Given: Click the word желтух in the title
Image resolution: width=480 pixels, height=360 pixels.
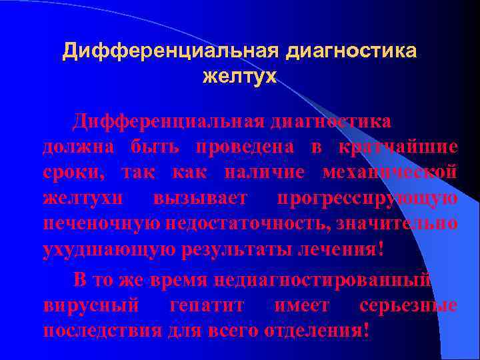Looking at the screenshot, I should click(x=239, y=77).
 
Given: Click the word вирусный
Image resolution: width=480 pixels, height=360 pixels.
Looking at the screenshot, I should click(x=91, y=306).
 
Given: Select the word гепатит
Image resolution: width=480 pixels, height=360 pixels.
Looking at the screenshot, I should click(x=205, y=306).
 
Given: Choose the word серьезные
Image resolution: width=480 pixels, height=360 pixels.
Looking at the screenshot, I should click(x=408, y=306).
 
